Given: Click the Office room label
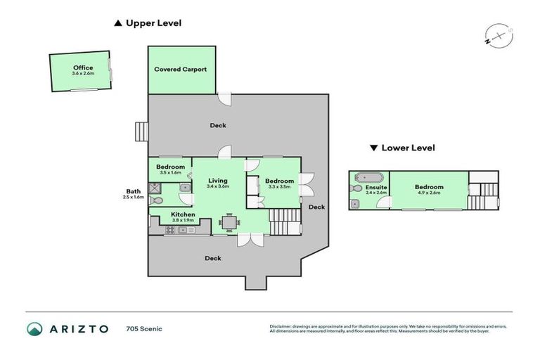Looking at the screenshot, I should (83, 67).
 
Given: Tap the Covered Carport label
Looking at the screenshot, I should (181, 70).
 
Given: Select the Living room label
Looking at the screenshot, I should (218, 181).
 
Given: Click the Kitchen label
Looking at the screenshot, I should (182, 214).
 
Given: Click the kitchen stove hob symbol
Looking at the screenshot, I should (171, 230).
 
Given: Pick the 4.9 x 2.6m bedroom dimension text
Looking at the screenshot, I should (429, 193).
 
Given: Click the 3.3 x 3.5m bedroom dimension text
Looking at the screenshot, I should (279, 187).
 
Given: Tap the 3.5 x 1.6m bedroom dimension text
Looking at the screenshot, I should (171, 172).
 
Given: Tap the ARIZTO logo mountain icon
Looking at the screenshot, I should (34, 328).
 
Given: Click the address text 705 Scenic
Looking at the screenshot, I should (144, 328).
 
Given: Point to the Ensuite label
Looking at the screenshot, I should (377, 188).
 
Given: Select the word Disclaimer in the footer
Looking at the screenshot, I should (281, 326).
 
